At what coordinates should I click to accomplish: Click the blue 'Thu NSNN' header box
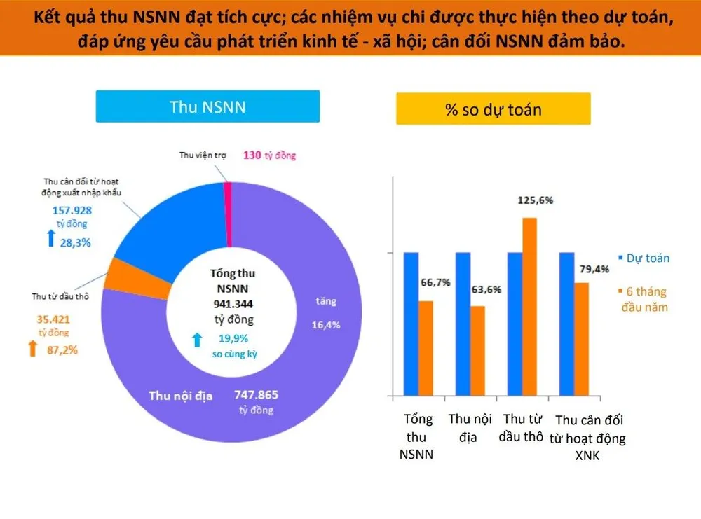207,106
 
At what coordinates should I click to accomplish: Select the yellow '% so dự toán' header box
493,109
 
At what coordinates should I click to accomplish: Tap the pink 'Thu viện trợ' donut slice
227,214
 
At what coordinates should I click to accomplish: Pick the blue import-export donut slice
168,224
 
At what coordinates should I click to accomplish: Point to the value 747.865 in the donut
255,395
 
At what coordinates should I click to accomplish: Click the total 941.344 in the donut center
233,305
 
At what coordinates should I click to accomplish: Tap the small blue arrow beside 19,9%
198,340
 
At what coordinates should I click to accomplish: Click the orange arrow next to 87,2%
32,348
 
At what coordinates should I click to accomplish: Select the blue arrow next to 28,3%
50,240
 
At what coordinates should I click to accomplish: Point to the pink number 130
252,155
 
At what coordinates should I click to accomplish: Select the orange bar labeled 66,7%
426,347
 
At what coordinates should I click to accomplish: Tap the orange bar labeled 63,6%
477,349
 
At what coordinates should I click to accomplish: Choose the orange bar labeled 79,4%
581,338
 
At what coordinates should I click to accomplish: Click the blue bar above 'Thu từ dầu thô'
515,322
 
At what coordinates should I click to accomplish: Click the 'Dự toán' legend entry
642,258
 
